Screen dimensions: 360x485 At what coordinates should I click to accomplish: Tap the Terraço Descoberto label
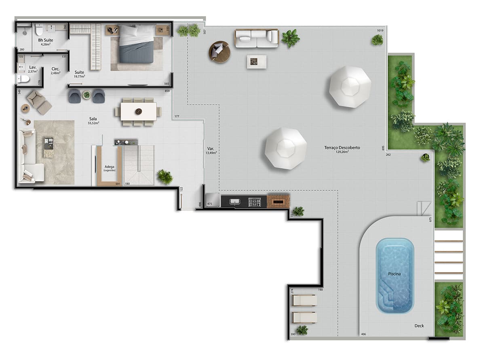(342, 149)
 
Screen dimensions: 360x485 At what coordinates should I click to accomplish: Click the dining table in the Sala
(138, 111)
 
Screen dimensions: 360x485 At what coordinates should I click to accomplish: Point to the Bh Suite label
(46, 42)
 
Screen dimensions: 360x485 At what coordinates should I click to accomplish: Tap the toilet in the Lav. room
(23, 79)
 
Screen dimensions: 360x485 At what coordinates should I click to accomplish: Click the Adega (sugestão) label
(110, 168)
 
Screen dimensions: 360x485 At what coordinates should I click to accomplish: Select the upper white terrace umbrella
(350, 86)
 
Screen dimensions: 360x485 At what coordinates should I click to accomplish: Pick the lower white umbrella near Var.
(286, 148)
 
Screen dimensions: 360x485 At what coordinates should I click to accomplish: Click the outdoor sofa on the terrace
(257, 38)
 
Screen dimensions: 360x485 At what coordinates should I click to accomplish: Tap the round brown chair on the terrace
(219, 52)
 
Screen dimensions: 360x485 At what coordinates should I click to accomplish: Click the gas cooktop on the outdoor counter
(254, 202)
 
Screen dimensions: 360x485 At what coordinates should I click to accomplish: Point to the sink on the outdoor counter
(235, 202)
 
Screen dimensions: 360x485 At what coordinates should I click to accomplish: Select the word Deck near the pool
(419, 326)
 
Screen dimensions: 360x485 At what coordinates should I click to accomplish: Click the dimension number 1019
(380, 31)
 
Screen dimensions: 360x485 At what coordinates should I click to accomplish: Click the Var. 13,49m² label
(211, 151)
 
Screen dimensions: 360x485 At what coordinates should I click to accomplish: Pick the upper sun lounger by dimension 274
(304, 300)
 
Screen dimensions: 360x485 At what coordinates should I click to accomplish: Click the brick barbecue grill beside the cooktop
(278, 201)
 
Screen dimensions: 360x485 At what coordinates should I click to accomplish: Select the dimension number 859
(167, 91)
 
